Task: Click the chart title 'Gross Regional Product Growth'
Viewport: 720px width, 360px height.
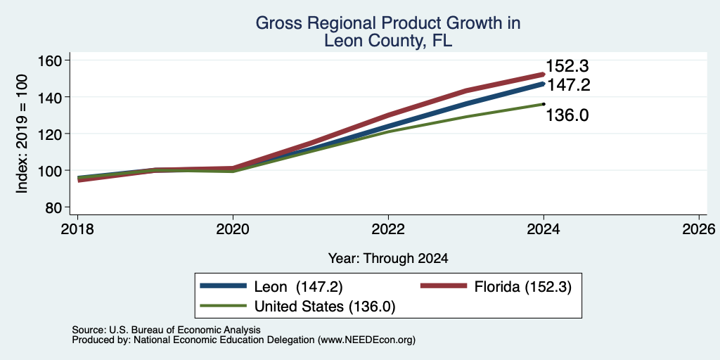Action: [388, 23]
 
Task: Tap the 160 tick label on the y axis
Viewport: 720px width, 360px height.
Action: [52, 60]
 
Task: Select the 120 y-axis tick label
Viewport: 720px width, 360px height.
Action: [52, 134]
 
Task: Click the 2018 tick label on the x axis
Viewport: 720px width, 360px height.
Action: [77, 229]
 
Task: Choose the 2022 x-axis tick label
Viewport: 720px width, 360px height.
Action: [388, 229]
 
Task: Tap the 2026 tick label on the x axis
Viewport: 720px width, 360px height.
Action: [699, 229]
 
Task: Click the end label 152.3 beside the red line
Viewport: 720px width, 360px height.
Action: [567, 67]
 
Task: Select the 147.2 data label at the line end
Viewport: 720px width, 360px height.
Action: [568, 85]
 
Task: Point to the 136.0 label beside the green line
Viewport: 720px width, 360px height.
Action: [567, 115]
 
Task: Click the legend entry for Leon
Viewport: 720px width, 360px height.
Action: [271, 287]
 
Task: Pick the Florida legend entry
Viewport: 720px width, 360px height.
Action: [496, 287]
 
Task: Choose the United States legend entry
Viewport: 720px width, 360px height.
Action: [297, 307]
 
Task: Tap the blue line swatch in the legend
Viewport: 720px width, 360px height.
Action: [223, 286]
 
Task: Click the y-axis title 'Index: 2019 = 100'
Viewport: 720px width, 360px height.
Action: [22, 134]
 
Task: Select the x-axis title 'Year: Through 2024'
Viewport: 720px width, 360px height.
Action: [388, 259]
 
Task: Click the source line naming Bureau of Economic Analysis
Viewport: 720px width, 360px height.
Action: [166, 330]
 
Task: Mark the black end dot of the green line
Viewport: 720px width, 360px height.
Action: [544, 104]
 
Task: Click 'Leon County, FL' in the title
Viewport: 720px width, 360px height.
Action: [388, 41]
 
